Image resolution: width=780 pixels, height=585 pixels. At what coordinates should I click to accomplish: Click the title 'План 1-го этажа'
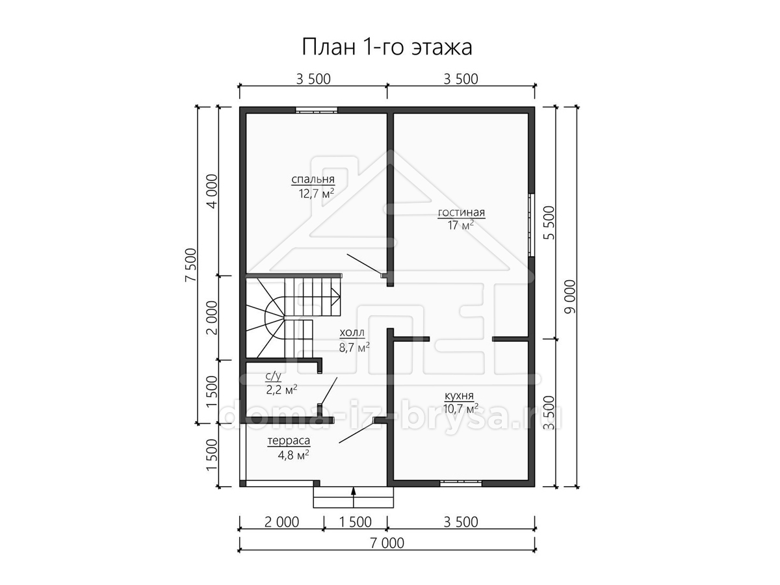coord(387,47)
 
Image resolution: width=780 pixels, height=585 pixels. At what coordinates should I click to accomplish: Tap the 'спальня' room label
coord(313,179)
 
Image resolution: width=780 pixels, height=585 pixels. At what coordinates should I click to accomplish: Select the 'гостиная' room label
coord(461,213)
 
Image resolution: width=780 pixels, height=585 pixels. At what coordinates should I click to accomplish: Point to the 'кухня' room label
coord(459,395)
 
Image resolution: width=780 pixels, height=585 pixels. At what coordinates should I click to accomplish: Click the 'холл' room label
coord(352,333)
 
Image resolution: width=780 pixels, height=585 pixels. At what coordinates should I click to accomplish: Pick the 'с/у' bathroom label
coord(273,376)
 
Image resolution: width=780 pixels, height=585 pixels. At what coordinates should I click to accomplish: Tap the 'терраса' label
coord(289,441)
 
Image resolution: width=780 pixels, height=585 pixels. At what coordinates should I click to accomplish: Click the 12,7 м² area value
coord(317,194)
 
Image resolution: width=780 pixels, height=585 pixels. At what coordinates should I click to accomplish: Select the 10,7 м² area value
coord(461,409)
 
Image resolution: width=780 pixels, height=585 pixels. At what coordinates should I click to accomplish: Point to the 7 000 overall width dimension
coord(387,553)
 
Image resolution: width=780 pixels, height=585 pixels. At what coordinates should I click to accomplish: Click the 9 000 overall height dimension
coord(569,296)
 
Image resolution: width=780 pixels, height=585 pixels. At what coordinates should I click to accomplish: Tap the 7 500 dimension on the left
coord(190,265)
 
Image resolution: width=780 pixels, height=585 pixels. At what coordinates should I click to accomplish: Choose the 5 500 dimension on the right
coord(549,223)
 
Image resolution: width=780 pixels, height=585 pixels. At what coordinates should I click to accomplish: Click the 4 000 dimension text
coord(212,191)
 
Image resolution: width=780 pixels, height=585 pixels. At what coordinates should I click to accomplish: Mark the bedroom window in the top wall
coord(317,110)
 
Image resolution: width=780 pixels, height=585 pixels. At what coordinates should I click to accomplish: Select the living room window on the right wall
coord(531,225)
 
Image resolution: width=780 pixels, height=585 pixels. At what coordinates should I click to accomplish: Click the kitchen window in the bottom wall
coord(461,483)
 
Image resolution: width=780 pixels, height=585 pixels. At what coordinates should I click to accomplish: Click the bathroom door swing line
coord(329,391)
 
